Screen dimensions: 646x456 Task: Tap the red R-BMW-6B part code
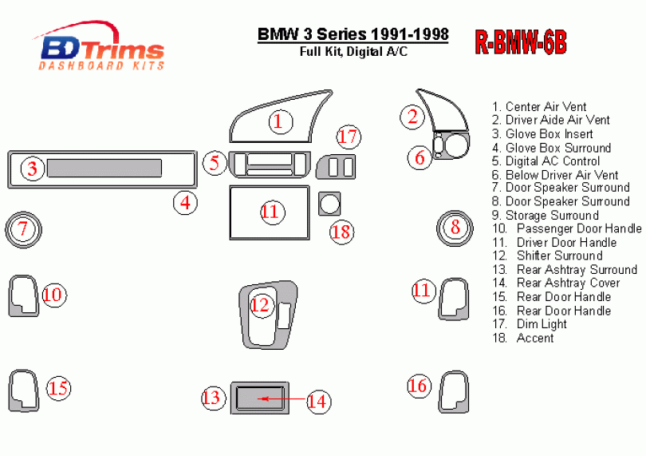click(521, 42)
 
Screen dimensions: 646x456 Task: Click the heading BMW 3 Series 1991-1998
click(353, 34)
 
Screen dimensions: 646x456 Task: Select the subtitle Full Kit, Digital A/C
click(353, 52)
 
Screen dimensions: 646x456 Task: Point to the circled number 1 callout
click(281, 121)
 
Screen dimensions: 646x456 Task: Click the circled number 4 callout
click(185, 203)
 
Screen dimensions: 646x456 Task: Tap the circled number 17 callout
click(349, 137)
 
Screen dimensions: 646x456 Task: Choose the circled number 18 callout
click(342, 232)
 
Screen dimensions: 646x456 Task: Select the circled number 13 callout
click(213, 398)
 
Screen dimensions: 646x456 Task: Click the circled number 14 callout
click(318, 401)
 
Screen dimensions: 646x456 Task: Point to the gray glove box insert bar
click(104, 168)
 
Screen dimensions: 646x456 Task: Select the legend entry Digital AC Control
click(546, 161)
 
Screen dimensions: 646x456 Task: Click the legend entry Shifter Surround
click(548, 256)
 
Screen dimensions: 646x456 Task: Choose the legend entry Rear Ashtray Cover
click(556, 283)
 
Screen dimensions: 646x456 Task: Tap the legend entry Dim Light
click(530, 324)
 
